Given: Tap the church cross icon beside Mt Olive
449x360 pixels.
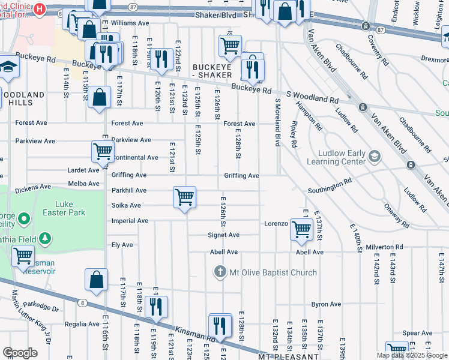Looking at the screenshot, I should [220, 272].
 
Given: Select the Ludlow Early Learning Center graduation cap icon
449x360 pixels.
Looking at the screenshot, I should [375, 157].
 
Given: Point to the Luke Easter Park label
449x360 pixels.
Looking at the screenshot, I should [70, 208].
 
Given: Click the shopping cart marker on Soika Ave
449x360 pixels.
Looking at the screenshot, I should [184, 197].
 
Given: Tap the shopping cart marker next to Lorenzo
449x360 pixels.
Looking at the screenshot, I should [301, 229].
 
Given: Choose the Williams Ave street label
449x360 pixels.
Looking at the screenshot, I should [130, 23].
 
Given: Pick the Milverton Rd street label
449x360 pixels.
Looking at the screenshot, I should [384, 247].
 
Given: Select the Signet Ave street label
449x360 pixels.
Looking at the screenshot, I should [224, 235].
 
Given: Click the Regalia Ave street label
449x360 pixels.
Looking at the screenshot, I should [82, 324].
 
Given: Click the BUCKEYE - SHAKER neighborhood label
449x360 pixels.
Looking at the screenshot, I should [212, 71].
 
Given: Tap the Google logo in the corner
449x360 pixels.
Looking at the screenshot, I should [20, 353].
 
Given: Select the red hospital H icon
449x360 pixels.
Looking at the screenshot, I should [40, 9].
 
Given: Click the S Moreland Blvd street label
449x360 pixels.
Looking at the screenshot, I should [278, 123].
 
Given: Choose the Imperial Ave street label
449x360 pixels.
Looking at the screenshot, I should [130, 221].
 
